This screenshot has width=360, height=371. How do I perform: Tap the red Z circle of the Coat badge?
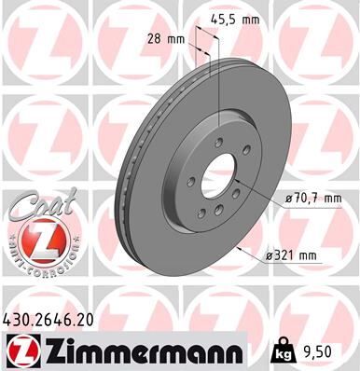(x=35, y=243)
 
